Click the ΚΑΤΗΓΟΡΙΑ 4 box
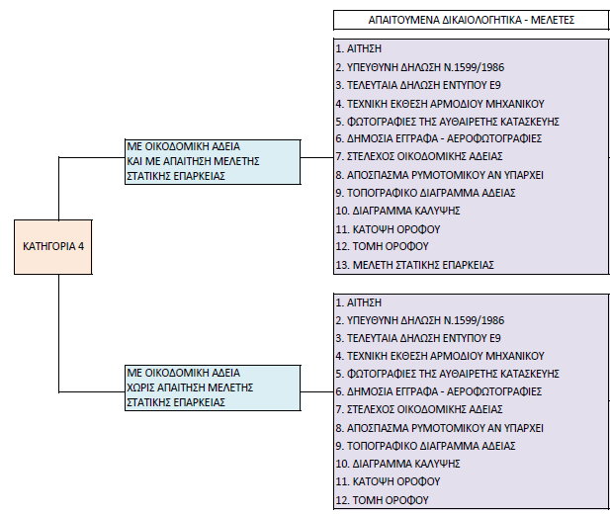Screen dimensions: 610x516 point(53,247)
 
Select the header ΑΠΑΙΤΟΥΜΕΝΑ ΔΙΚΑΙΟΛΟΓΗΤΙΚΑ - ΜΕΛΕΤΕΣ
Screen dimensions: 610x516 point(472,20)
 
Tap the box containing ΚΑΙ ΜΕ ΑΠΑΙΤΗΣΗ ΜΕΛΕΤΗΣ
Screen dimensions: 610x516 point(213,162)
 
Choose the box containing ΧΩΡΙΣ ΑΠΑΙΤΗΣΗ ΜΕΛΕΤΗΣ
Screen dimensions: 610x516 point(213,387)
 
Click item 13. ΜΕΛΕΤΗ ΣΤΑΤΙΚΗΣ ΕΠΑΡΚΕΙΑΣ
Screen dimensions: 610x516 point(414,265)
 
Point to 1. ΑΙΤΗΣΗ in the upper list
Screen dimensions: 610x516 point(359,48)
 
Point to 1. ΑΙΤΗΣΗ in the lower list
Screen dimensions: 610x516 point(359,302)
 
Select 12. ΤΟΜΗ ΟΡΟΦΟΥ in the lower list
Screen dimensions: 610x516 point(382,500)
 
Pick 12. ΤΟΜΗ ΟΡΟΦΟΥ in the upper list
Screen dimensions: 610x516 point(382,246)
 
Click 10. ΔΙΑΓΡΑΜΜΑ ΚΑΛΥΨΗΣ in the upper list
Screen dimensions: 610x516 point(398,211)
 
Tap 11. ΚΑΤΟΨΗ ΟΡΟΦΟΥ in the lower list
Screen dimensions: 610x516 point(388,481)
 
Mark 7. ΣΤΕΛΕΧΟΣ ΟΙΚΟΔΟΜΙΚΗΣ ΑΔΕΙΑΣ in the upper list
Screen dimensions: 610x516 point(419,156)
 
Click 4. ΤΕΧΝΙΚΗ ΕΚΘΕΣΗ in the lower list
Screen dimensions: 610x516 point(440,356)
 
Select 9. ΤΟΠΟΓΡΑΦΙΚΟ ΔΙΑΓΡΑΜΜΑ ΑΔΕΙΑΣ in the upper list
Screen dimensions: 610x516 point(425,193)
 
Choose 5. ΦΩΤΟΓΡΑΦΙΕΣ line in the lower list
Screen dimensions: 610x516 point(448,374)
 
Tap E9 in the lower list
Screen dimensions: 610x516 point(495,338)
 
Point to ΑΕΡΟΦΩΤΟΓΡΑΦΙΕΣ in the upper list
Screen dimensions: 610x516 point(494,138)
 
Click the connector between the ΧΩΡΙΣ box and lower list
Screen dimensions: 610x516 point(317,391)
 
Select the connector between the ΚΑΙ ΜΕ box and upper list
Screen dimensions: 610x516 point(317,157)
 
